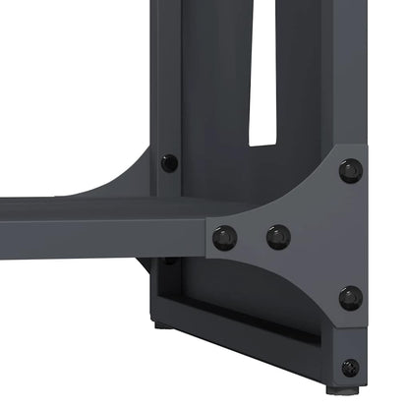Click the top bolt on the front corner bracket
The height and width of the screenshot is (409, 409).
[351, 171]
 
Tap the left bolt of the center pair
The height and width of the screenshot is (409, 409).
[225, 237]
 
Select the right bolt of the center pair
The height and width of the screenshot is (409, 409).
[278, 237]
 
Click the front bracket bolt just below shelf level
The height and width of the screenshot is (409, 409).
[351, 298]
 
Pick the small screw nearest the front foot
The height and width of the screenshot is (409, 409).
[350, 368]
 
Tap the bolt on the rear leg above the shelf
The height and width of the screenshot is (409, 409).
[170, 162]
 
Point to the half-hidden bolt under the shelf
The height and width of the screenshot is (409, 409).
[170, 261]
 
